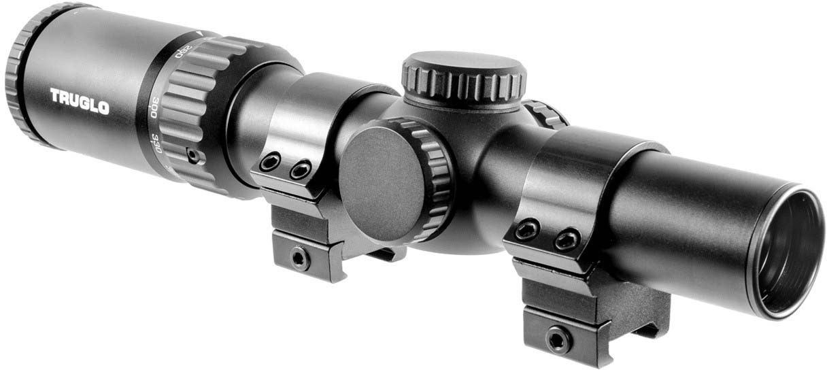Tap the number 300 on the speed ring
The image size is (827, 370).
(x=154, y=110)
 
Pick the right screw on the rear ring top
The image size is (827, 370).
(x=300, y=170)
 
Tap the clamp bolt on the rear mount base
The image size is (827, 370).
(x=298, y=257)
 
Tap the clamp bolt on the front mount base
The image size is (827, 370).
(x=557, y=338)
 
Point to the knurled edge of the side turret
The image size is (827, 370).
(x=435, y=170)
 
